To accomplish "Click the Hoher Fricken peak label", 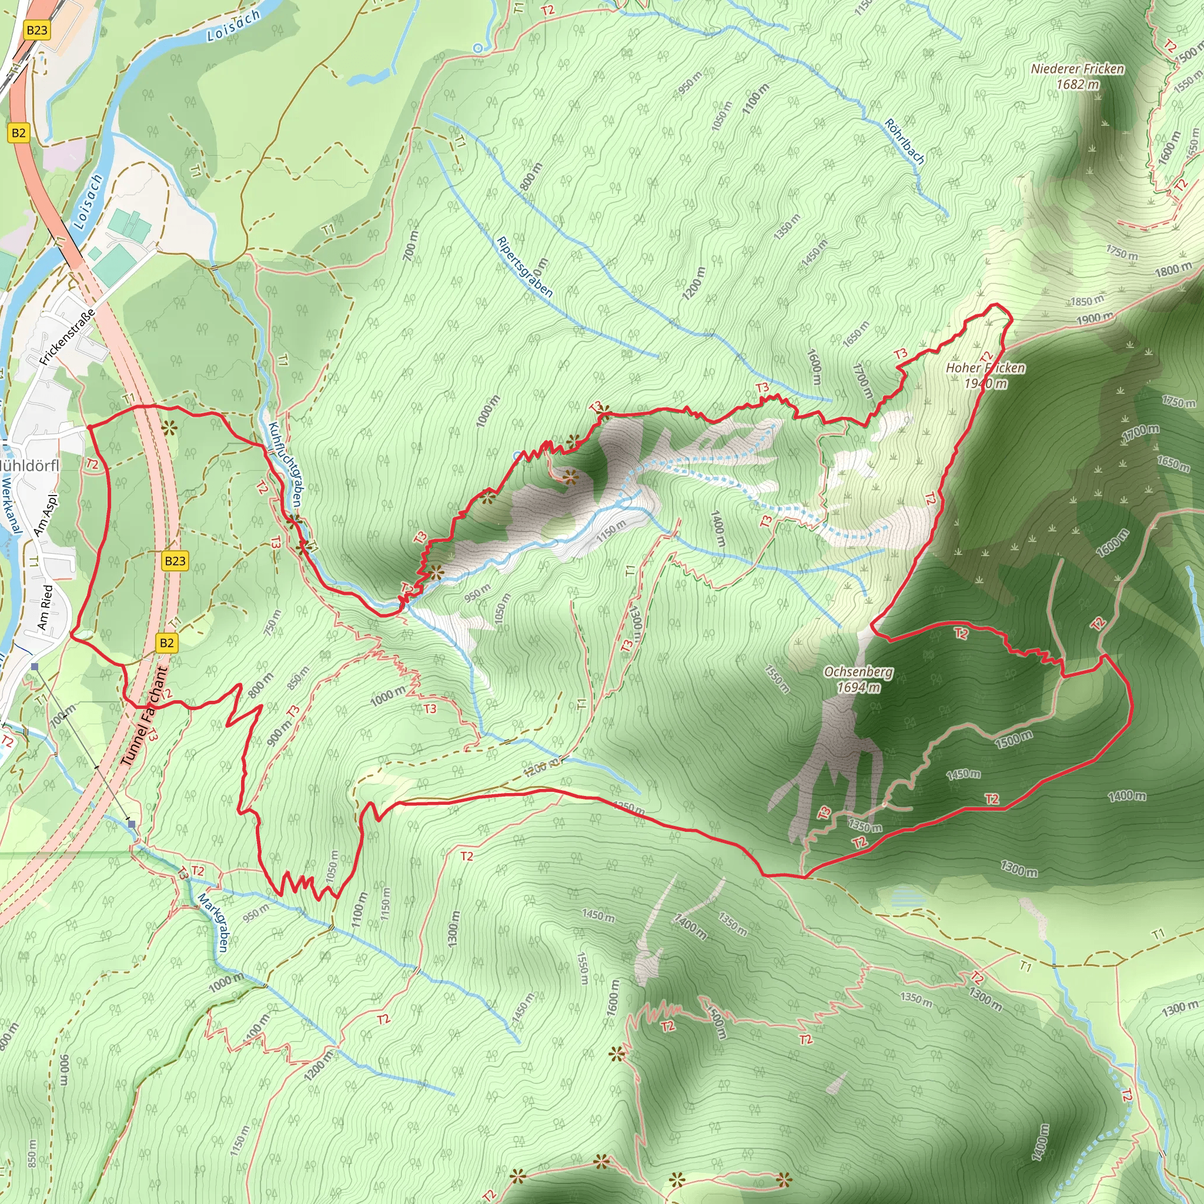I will [985, 375].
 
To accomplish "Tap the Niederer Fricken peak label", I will [1078, 76].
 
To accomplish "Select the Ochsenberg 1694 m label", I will [858, 679].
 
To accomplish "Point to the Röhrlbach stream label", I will [904, 142].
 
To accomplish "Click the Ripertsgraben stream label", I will [525, 267].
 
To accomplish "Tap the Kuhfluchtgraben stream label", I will [285, 464].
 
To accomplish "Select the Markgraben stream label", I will [214, 922].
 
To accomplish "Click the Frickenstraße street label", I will [67, 336].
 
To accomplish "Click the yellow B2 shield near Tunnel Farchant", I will [166, 643].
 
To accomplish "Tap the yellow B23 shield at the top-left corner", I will [37, 30].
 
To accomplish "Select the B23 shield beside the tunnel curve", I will [175, 561].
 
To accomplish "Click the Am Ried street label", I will [45, 607].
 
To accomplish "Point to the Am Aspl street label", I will [45, 516].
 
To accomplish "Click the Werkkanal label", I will [11, 506].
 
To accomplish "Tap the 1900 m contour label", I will [1094, 318].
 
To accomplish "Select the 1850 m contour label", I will [1086, 301].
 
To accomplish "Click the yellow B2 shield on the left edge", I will [19, 133].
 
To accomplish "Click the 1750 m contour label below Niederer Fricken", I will [1122, 252].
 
